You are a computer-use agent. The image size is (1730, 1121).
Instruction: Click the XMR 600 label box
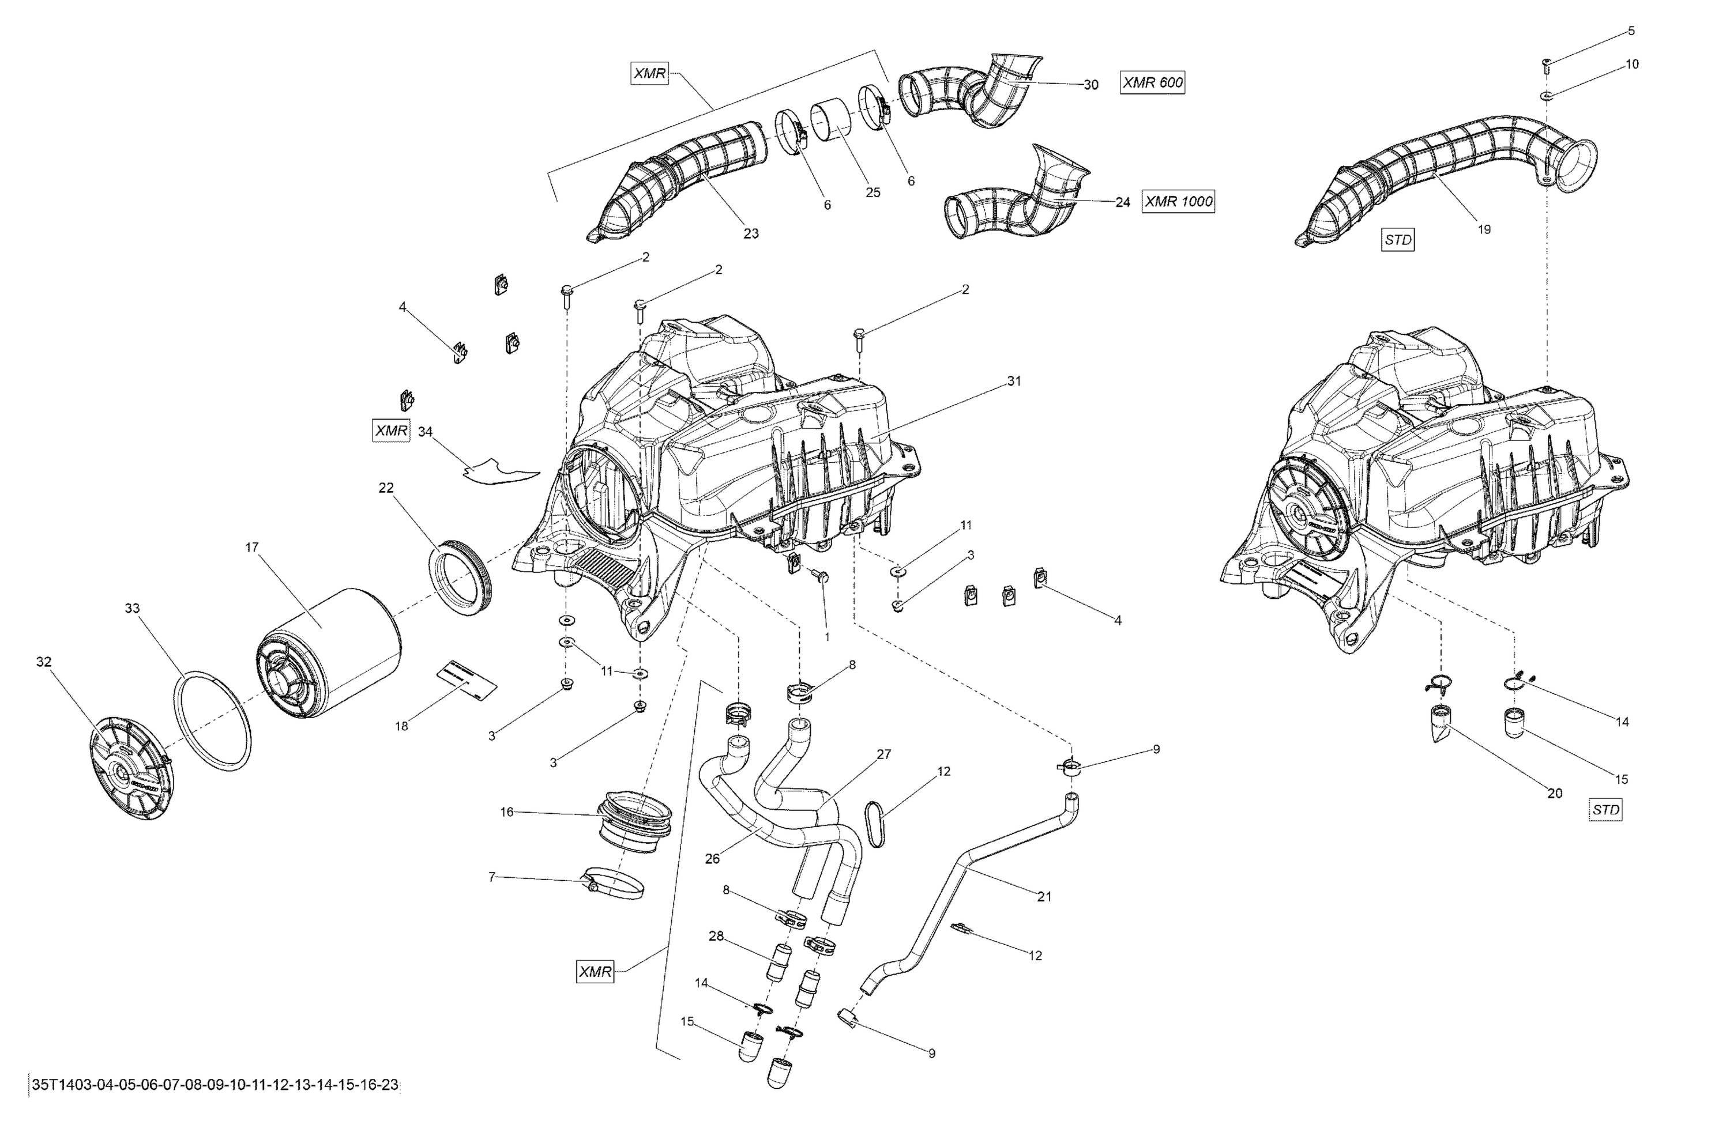point(1152,83)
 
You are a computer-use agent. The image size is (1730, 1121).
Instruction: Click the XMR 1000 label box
point(1178,201)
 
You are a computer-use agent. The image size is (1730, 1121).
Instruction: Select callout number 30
point(1090,85)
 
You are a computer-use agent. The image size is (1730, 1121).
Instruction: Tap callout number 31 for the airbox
point(1014,381)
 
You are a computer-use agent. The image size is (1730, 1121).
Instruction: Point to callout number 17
point(251,547)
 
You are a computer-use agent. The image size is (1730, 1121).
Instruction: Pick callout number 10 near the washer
point(1632,64)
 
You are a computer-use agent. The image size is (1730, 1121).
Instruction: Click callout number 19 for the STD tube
point(1484,229)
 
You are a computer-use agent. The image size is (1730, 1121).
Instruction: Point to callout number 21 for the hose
point(1044,896)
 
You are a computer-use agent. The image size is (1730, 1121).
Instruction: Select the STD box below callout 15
point(1605,809)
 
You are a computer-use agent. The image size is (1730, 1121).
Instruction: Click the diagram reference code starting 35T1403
point(215,1085)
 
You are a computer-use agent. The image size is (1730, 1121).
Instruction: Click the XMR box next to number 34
point(391,430)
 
